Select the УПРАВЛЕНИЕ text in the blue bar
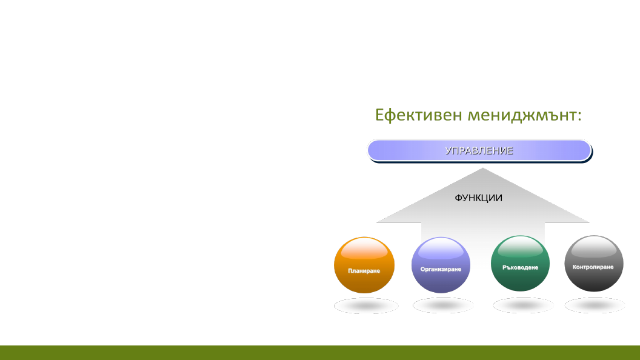(479, 151)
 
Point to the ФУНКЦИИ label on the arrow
(479, 198)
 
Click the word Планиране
(364, 271)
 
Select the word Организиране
(441, 269)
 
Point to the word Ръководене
(520, 267)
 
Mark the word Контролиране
(593, 267)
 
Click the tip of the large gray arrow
(482, 170)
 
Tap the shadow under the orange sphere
(365, 306)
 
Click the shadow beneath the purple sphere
(444, 306)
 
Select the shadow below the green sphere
(523, 305)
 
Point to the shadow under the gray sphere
(595, 305)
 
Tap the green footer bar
(320, 353)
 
